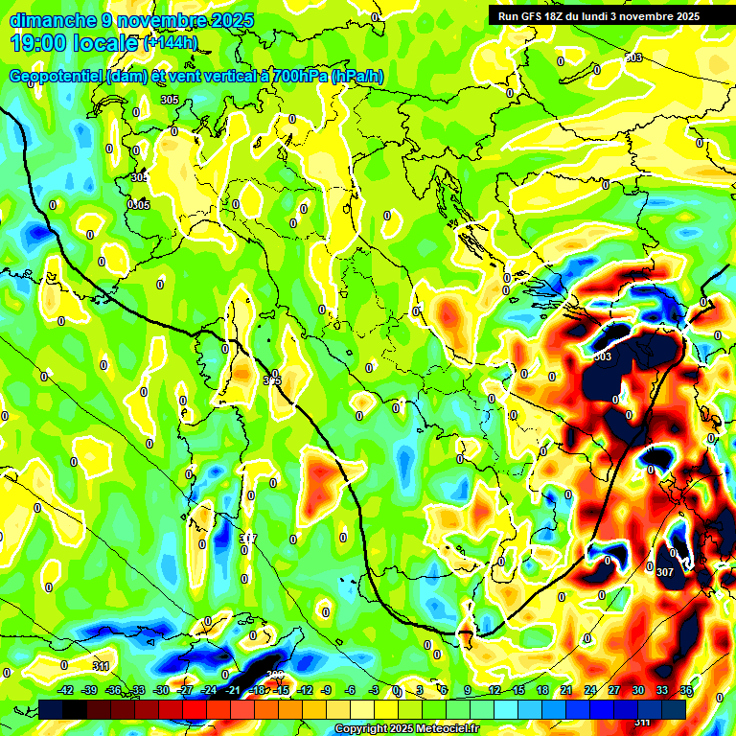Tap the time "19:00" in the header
41,43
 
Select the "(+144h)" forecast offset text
171,43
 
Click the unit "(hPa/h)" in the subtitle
357,77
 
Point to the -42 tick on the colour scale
66,691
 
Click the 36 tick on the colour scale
685,691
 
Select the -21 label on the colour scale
233,691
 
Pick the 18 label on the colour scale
541,691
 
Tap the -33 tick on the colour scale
137,691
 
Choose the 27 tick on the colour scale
613,691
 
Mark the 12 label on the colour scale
494,691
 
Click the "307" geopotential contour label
665,572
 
